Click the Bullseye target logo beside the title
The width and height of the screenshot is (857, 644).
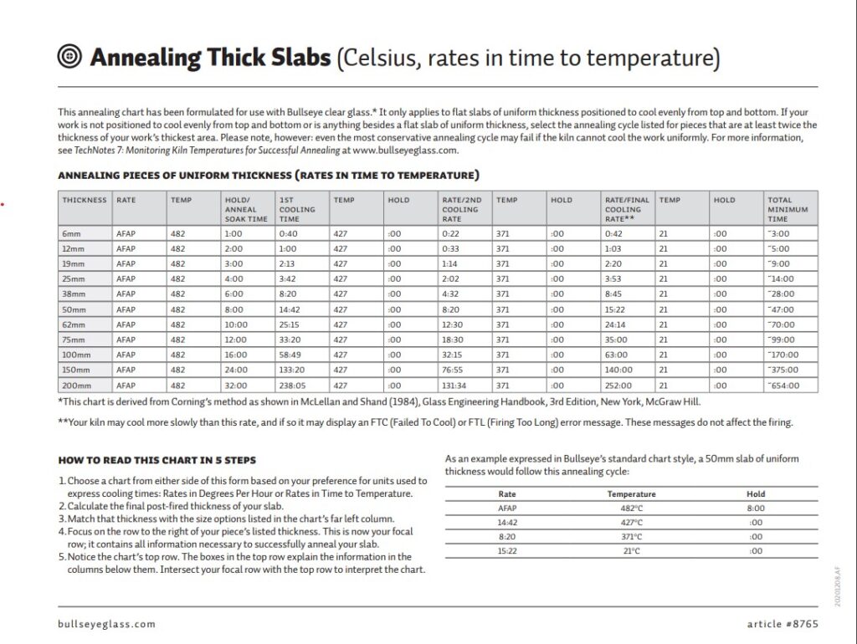coord(69,56)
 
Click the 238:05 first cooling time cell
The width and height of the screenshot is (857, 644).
coord(292,386)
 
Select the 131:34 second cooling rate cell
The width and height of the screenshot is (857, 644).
coord(454,386)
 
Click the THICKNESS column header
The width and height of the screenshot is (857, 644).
coord(85,200)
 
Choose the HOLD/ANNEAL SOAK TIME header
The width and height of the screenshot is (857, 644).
coord(245,209)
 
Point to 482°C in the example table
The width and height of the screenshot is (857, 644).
coord(631,508)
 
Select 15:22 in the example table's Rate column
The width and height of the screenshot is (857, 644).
coord(507,551)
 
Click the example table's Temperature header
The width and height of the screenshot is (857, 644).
coord(631,493)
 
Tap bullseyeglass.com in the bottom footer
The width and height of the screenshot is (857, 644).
coord(107,624)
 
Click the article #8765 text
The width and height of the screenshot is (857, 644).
coord(783,624)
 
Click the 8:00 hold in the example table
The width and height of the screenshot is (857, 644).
coord(756,508)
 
